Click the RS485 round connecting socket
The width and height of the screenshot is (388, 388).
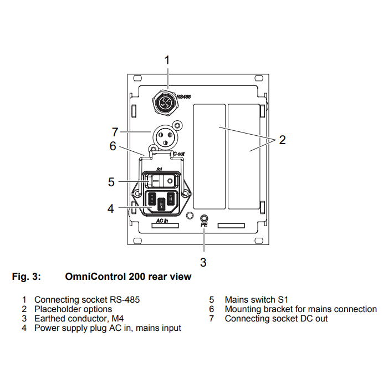[x=165, y=102]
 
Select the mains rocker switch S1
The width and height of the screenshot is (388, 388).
[x=161, y=181]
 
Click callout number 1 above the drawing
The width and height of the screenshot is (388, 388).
[x=167, y=59]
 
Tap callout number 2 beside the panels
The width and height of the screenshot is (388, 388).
[x=282, y=140]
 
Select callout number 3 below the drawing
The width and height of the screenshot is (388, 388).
[x=203, y=262]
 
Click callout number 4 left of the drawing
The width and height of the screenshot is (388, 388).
[x=111, y=208]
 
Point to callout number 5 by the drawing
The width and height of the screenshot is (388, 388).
[x=111, y=181]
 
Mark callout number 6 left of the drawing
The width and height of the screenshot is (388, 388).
[x=113, y=146]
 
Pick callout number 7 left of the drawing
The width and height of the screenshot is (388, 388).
[x=115, y=132]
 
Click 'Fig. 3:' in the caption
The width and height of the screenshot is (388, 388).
[x=26, y=276]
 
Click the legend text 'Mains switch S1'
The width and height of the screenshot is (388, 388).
[x=256, y=299]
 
